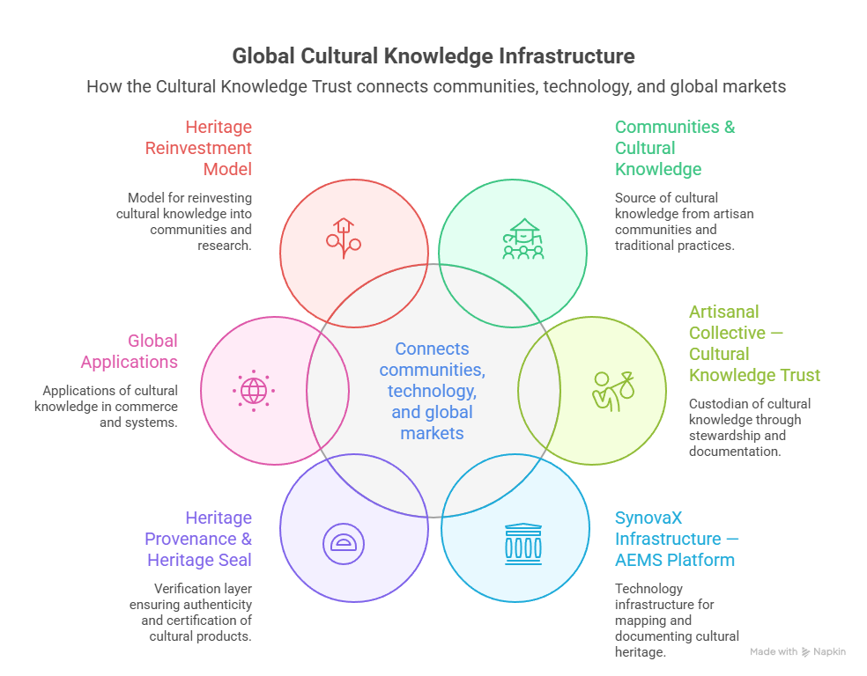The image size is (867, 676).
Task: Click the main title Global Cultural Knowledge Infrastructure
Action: coord(433,56)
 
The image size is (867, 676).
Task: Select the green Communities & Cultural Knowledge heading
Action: coord(674,148)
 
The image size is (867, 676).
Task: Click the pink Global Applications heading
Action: coord(130,351)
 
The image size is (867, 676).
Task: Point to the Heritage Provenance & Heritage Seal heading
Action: coord(198,539)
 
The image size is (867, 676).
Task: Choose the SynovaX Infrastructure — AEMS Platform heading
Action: coord(676,539)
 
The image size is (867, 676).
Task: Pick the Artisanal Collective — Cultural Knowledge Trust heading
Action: coord(753,343)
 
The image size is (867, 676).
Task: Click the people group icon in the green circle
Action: coord(523,239)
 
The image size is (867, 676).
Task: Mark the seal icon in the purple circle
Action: coord(341,542)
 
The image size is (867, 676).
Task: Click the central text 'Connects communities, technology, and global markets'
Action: coord(432,391)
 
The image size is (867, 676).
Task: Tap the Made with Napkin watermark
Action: coord(797,652)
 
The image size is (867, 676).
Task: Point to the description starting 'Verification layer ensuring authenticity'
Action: coord(191,612)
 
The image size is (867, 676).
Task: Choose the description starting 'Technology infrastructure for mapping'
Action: coord(676,620)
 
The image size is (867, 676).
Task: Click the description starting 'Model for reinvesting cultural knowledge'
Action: coord(188,222)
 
